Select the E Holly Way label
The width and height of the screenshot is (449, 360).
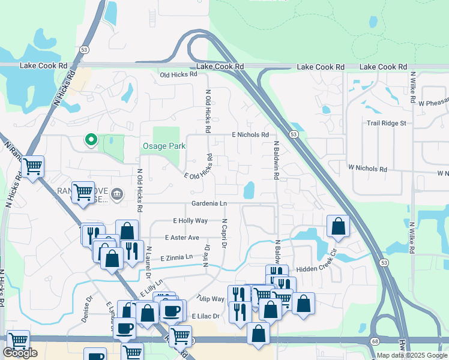(190, 221)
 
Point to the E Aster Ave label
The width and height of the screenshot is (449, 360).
(181, 238)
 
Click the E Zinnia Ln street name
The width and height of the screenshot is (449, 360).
(176, 257)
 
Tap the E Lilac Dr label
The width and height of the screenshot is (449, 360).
(206, 316)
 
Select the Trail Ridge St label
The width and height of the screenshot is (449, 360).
(387, 123)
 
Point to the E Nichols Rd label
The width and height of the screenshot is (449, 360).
(250, 135)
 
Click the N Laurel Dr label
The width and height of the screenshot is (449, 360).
(148, 263)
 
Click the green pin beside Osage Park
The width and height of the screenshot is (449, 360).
(91, 140)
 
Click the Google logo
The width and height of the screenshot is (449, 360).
(20, 353)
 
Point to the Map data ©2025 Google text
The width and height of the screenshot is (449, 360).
(412, 355)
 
